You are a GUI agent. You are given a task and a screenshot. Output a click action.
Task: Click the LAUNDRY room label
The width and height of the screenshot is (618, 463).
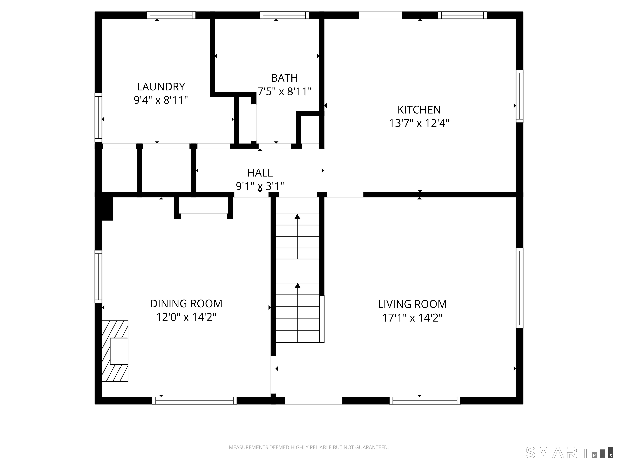click(x=161, y=87)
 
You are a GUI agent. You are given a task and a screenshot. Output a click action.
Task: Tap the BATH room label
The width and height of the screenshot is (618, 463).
click(x=284, y=78)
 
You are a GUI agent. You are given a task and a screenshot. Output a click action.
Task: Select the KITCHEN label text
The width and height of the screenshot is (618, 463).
click(x=419, y=110)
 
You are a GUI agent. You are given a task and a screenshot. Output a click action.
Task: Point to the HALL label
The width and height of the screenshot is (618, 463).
click(x=260, y=173)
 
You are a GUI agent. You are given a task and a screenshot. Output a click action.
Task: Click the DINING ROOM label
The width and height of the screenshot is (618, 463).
click(x=186, y=304)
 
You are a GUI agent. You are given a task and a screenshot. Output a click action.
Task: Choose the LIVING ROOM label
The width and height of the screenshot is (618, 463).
click(x=412, y=304)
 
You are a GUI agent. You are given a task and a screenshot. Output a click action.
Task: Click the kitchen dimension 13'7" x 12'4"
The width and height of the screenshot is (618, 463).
click(x=419, y=123)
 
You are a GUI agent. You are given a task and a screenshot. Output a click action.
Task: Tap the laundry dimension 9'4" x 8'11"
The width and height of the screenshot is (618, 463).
click(x=161, y=100)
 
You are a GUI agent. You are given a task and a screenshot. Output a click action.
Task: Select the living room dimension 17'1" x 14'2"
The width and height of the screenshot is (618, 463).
click(x=412, y=318)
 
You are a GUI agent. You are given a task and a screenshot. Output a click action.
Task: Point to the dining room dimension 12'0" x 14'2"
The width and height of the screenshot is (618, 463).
click(x=186, y=317)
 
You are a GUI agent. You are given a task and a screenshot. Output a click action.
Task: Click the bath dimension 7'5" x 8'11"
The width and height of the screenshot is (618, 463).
click(x=284, y=91)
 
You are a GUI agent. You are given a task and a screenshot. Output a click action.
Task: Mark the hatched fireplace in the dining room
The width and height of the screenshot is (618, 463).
click(x=115, y=351)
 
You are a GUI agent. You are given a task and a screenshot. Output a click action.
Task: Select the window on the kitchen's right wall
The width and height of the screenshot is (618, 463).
click(x=519, y=96)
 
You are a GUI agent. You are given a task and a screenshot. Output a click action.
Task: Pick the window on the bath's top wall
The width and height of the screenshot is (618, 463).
click(x=284, y=15)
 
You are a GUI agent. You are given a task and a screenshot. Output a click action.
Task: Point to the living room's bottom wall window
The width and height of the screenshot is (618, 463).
click(x=425, y=401)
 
